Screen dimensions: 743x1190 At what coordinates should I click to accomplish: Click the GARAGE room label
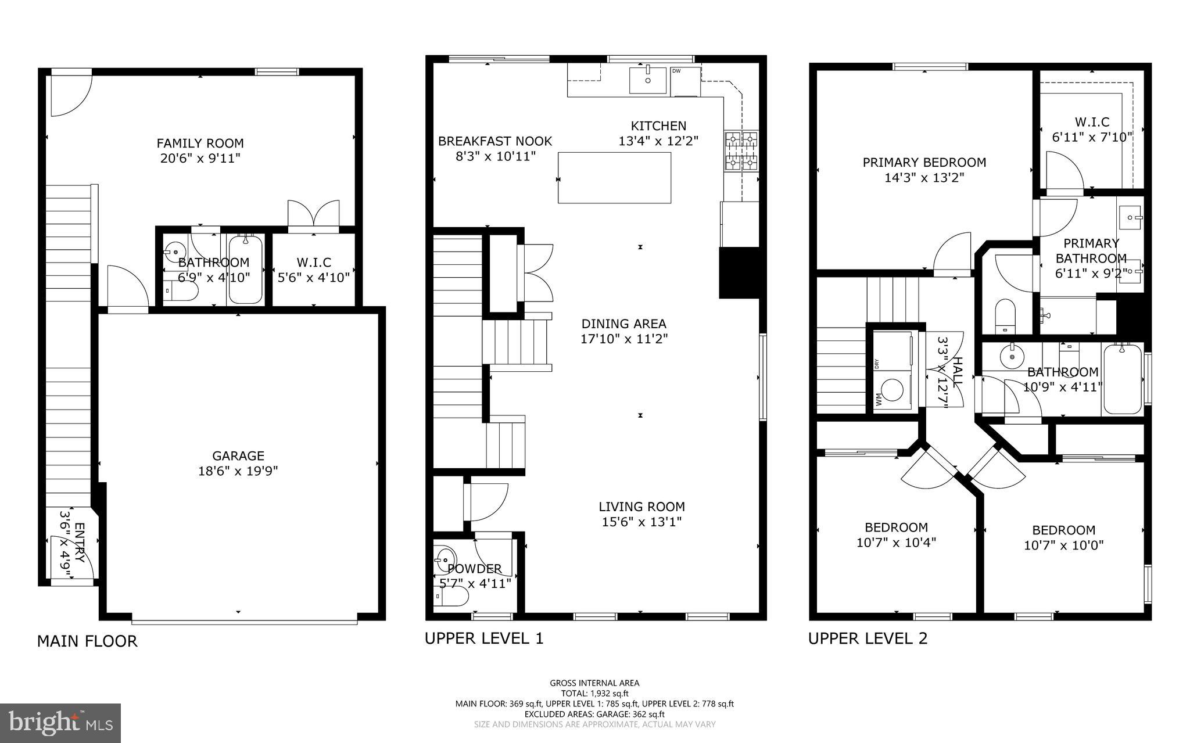click(238, 456)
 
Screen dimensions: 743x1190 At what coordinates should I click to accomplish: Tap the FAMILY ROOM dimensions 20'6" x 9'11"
click(200, 158)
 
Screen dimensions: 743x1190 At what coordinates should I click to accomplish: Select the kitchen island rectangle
click(614, 177)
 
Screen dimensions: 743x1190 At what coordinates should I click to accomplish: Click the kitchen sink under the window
click(647, 80)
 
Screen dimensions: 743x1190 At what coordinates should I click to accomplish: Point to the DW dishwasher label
click(676, 71)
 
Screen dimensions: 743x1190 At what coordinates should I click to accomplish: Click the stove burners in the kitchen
click(741, 151)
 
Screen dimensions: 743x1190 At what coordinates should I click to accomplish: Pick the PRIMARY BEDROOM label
click(924, 163)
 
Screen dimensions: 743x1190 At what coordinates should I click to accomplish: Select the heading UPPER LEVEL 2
click(868, 638)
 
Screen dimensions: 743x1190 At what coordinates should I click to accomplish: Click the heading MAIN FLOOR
click(87, 641)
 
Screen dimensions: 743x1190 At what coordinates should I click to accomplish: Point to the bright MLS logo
click(60, 723)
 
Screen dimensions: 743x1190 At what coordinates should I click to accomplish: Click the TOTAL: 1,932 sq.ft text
click(594, 693)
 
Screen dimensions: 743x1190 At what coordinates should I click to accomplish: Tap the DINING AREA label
click(623, 324)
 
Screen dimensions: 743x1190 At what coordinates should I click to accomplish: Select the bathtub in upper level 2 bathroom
click(1122, 379)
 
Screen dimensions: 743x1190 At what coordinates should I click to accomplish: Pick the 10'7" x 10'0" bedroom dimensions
click(1063, 545)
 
